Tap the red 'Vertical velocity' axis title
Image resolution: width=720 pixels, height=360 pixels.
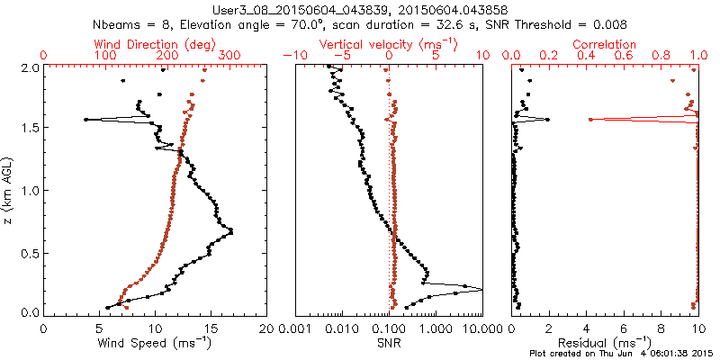pos(389,44)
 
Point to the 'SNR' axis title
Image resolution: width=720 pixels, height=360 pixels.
pos(390,343)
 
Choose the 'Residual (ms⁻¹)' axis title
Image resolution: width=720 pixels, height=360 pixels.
pos(605,343)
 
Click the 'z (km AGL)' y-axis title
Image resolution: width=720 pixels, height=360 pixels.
pos(9,190)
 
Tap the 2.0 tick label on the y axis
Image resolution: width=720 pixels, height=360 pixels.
pos(28,67)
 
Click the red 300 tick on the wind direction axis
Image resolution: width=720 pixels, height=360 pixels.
pos(230,56)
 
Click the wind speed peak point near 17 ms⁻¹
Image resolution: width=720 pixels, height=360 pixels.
pos(231,232)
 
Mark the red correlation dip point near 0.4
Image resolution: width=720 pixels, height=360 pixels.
pos(590,119)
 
